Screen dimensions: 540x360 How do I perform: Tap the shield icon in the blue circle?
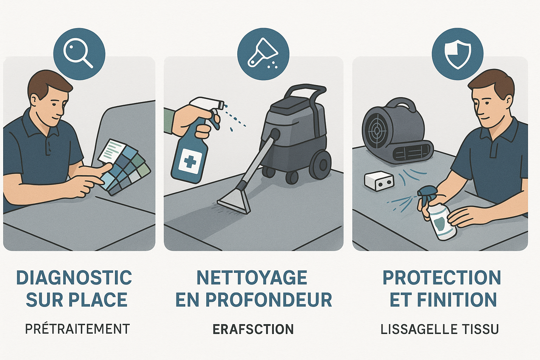tap(457, 54)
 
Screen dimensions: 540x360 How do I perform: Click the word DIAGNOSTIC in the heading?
tap(74, 278)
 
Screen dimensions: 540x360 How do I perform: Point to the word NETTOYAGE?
tap(252, 278)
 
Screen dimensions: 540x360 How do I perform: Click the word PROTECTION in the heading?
tap(442, 278)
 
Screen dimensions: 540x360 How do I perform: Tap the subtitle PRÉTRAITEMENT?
tap(77, 329)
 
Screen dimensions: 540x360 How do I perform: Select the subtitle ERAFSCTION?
tap(253, 329)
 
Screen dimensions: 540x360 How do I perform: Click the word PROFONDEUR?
tap(269, 300)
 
